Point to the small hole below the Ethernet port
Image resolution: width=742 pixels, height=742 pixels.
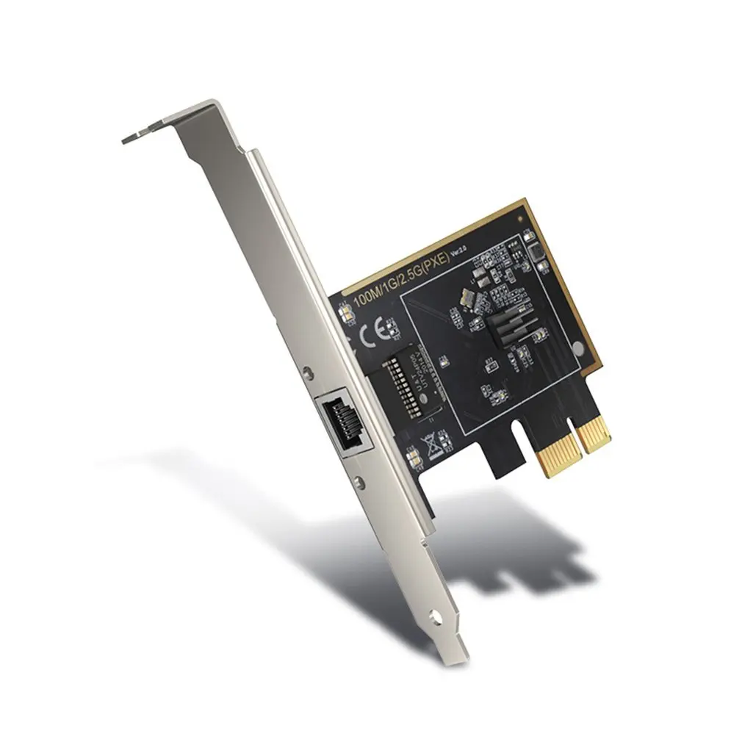[x=359, y=482]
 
